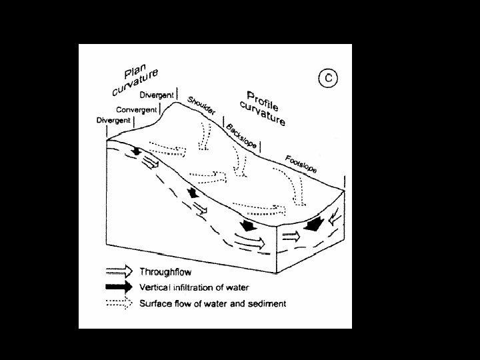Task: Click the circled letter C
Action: tap(328, 79)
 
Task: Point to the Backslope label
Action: tap(241, 136)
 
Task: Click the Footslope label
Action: tap(301, 163)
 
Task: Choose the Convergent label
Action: tap(136, 109)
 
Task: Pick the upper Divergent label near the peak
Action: tap(156, 95)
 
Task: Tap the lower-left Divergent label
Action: tap(113, 121)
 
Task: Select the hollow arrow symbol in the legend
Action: tap(119, 271)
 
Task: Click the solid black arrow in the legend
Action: tap(119, 287)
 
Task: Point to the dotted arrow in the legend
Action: tap(119, 303)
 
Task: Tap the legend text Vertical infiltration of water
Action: tap(194, 287)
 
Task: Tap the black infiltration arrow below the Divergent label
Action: tap(136, 151)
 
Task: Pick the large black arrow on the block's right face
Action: tap(311, 225)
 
